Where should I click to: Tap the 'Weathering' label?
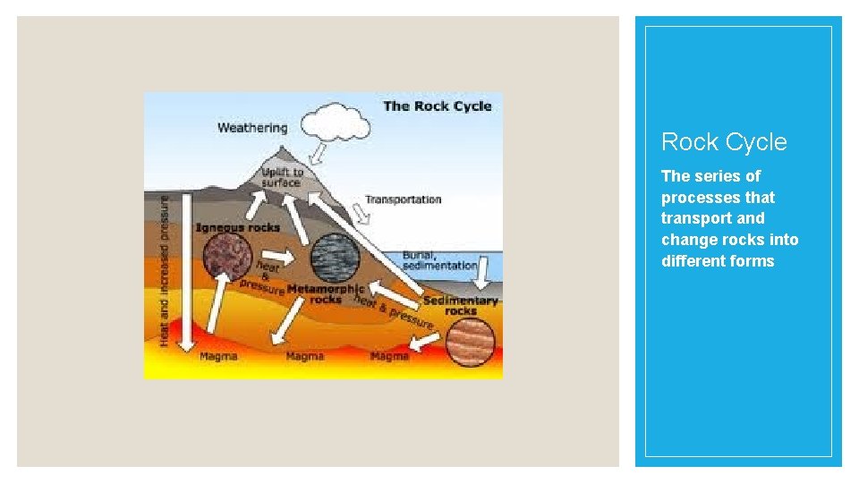252,128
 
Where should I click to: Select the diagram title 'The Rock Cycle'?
438,106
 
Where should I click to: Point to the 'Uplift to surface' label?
282,177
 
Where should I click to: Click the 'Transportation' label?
403,199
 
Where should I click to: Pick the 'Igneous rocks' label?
237,227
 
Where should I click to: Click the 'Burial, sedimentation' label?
439,259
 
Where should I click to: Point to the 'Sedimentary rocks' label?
461,306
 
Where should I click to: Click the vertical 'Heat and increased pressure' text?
165,267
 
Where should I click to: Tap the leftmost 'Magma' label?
218,357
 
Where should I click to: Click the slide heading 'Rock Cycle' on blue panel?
724,142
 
